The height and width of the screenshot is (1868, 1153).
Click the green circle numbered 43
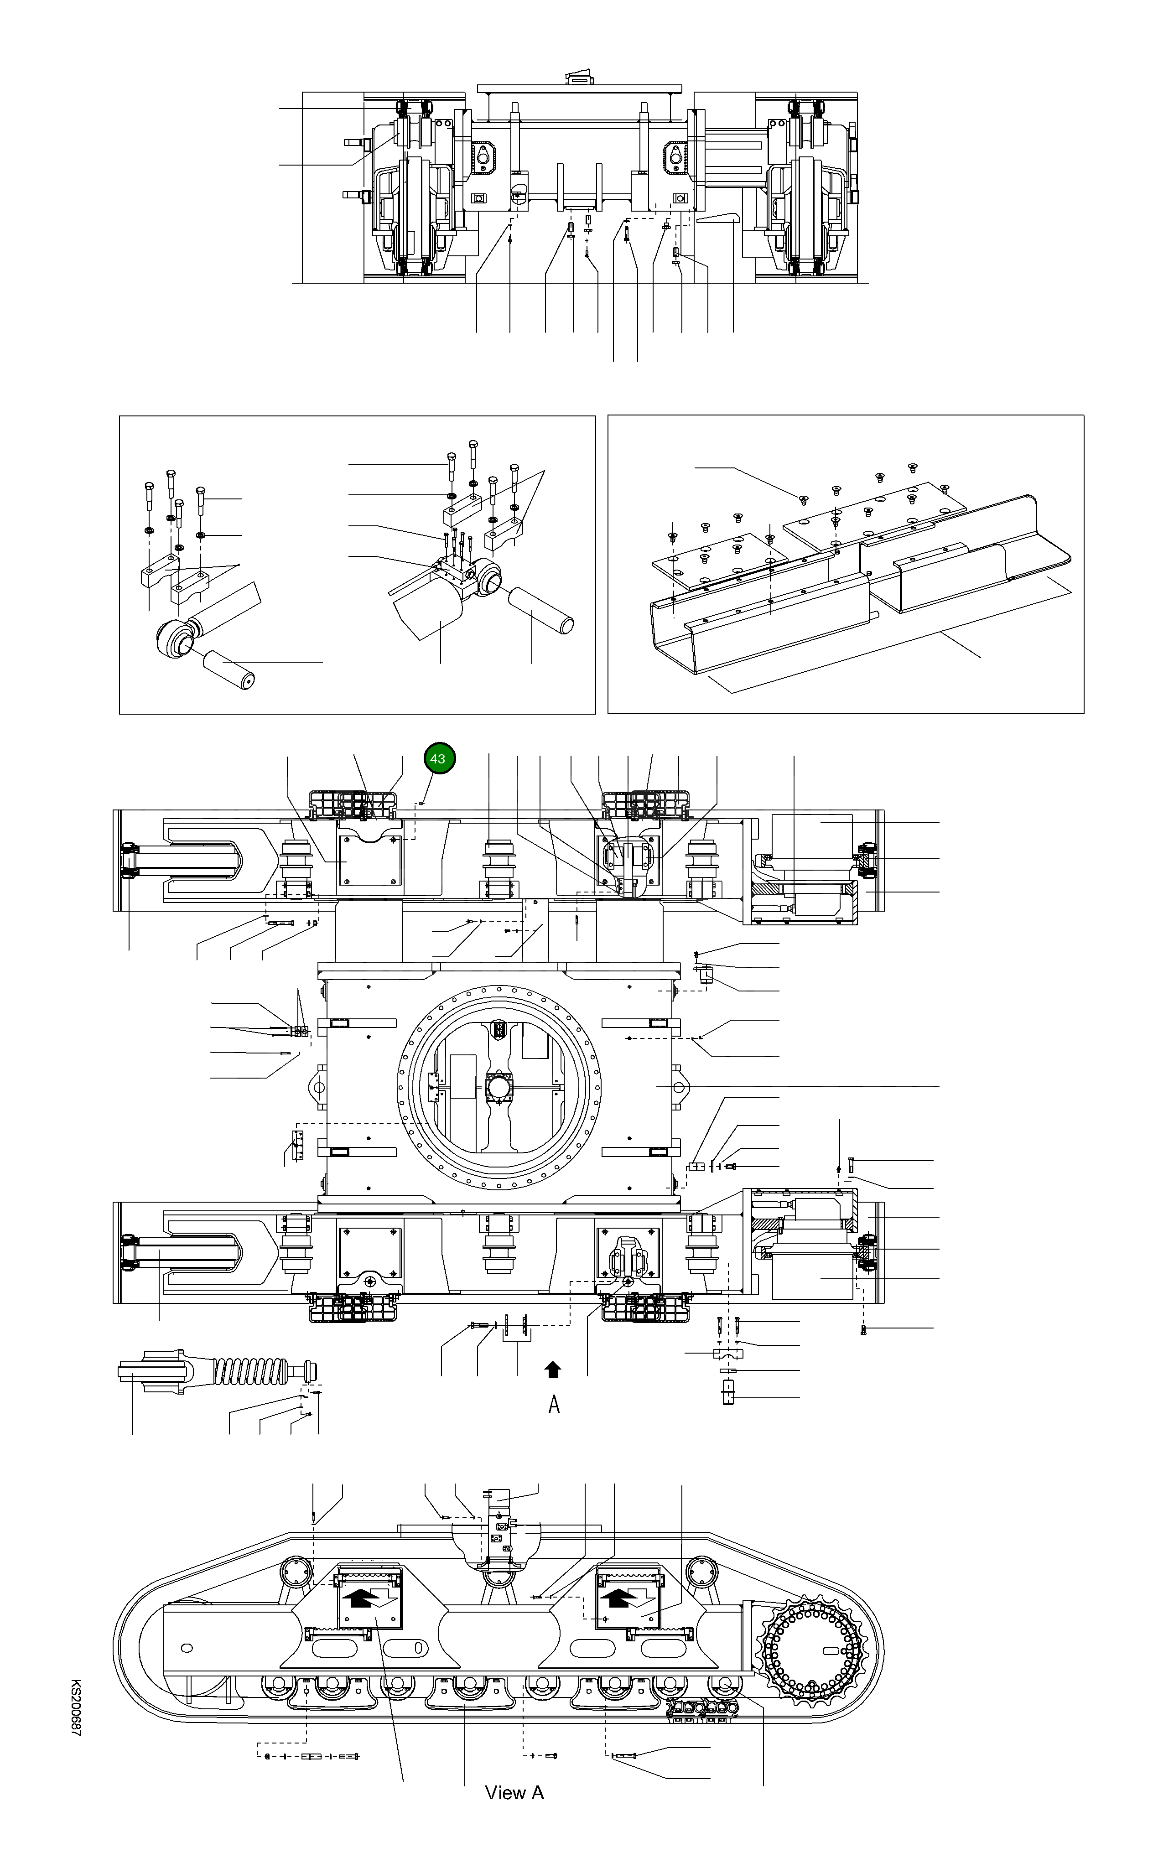click(x=438, y=758)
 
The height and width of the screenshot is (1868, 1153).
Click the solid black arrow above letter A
click(x=553, y=1370)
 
